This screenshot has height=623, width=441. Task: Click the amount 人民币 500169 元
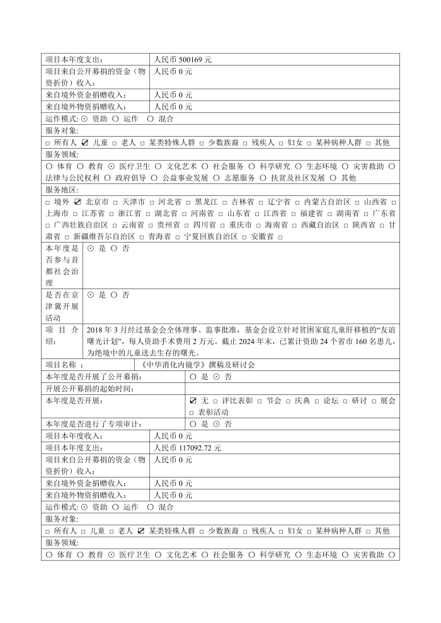pyautogui.click(x=183, y=59)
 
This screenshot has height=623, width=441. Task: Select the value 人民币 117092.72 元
pyautogui.click(x=187, y=447)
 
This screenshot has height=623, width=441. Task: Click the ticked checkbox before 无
pyautogui.click(x=193, y=401)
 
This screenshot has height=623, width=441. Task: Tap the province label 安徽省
pyautogui.click(x=262, y=236)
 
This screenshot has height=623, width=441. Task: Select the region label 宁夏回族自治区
pyautogui.click(x=211, y=236)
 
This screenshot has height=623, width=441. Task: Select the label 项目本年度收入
pyautogui.click(x=75, y=436)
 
